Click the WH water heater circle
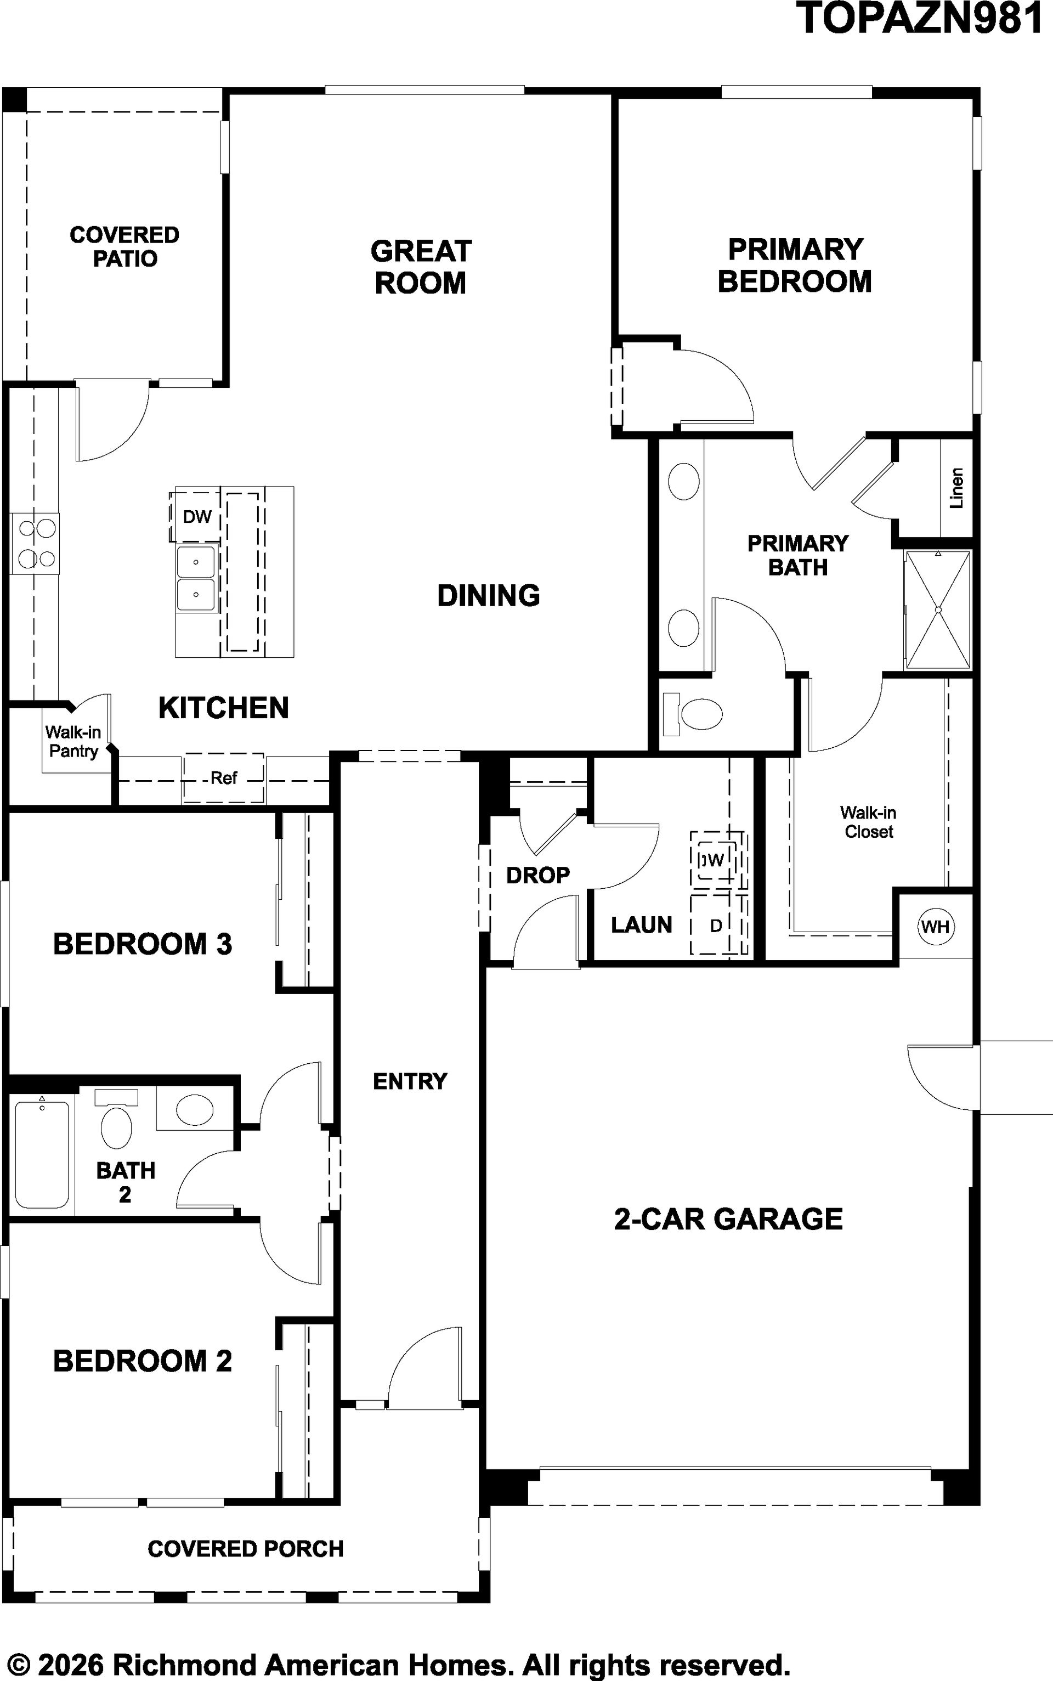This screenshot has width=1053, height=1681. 935,927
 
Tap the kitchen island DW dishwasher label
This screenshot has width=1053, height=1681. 197,517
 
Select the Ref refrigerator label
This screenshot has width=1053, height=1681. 224,778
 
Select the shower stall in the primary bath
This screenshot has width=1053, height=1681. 937,610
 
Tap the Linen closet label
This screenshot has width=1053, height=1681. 957,488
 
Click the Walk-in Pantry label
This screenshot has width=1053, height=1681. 73,741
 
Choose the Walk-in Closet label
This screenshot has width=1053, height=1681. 868,822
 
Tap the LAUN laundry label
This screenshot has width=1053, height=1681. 642,925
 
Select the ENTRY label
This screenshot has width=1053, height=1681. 410,1081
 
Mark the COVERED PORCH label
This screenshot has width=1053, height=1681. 246,1549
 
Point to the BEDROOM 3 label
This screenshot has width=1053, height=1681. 143,944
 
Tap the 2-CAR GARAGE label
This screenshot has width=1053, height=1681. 728,1219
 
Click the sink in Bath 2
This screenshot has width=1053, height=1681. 194,1109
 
